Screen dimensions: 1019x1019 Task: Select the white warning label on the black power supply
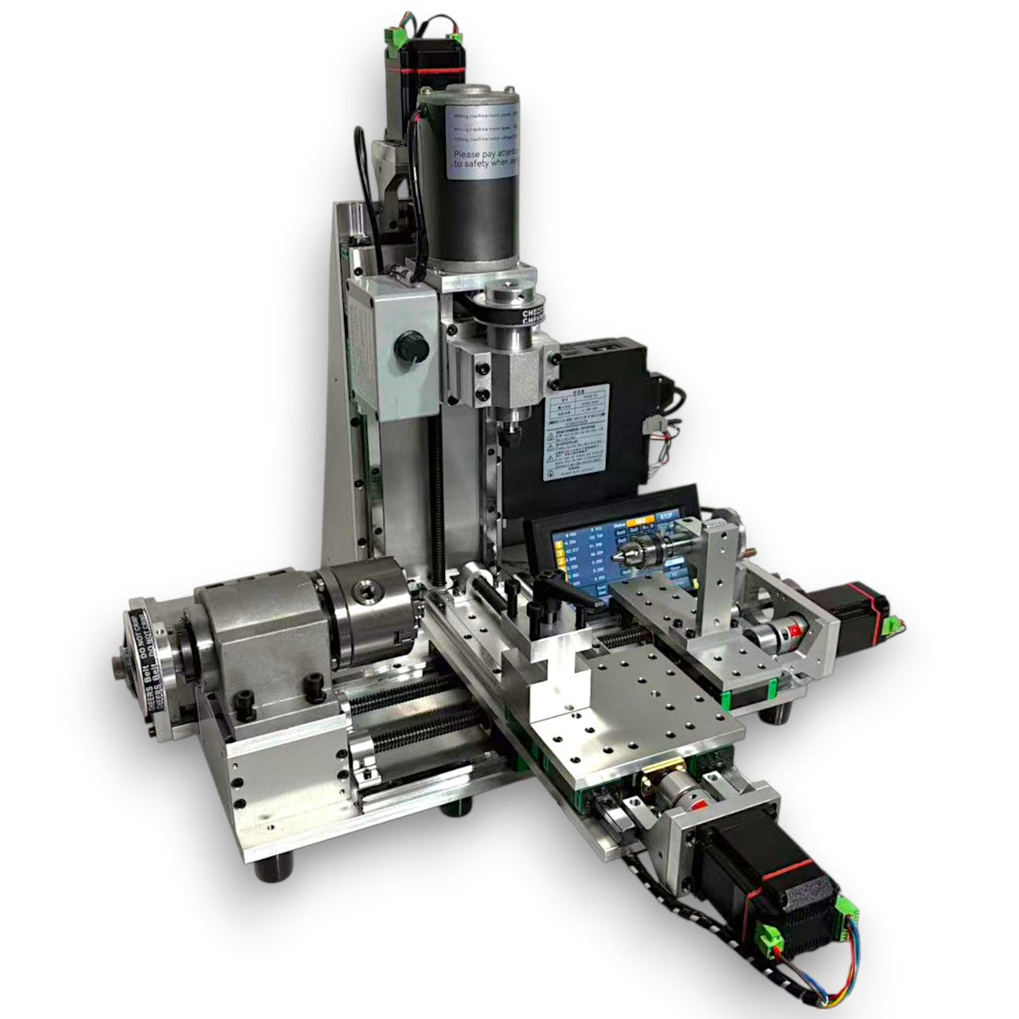[x=576, y=446]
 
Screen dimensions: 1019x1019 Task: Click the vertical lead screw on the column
[x=437, y=494]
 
